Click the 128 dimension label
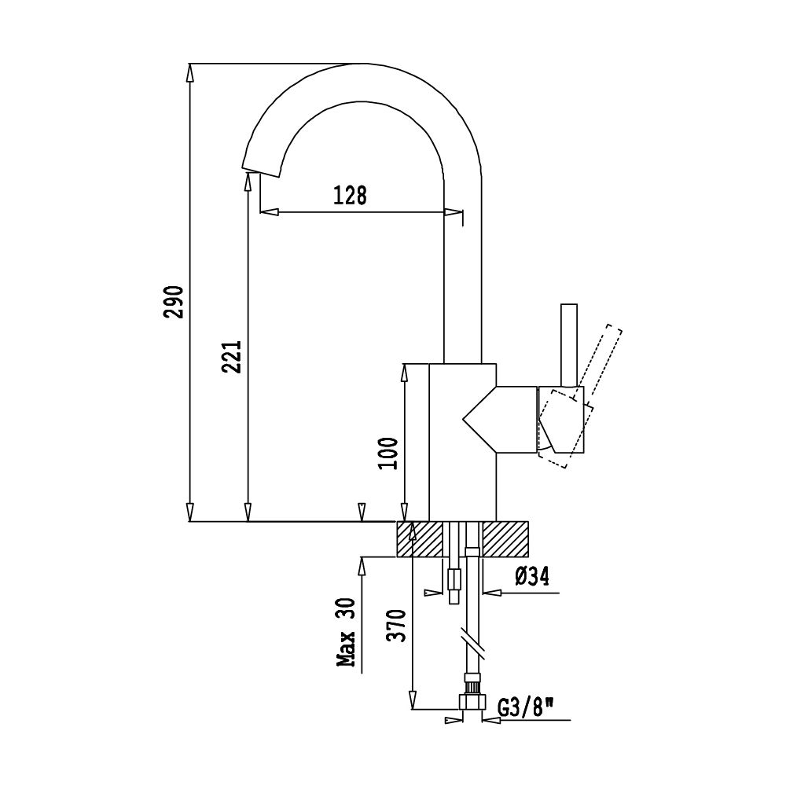[350, 195]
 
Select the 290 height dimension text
[175, 302]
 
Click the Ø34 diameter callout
[531, 578]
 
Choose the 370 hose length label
[399, 626]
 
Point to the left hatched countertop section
[420, 539]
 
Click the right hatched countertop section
[507, 539]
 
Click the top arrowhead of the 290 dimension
[189, 72]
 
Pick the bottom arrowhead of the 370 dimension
[412, 701]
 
